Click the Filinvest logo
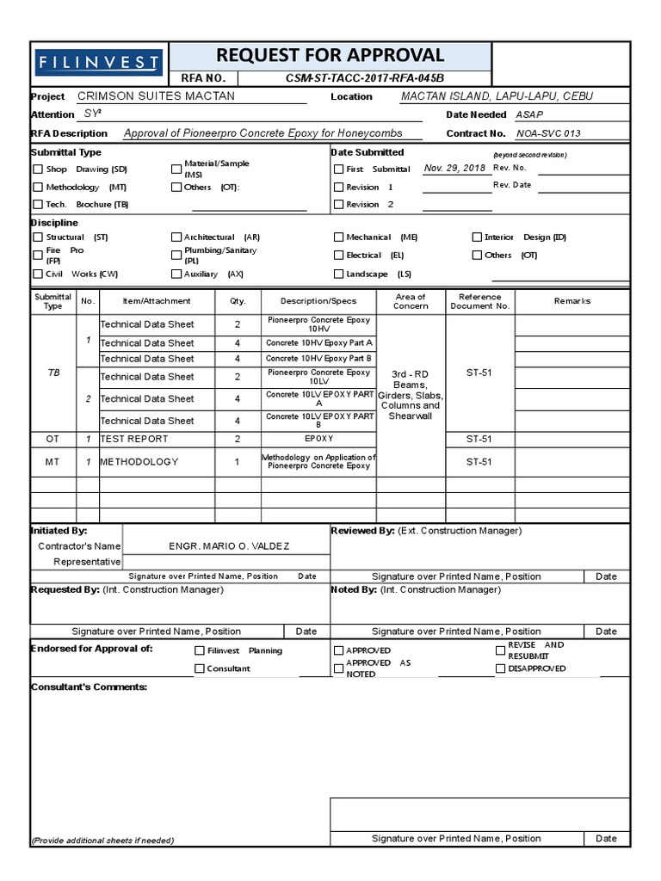(98, 63)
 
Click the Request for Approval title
(330, 56)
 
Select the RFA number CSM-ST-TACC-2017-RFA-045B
(364, 78)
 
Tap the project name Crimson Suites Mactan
(156, 96)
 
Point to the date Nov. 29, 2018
(454, 169)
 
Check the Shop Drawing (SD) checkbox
(38, 169)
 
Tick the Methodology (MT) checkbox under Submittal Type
(38, 187)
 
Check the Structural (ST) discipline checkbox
(38, 237)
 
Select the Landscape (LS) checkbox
(339, 274)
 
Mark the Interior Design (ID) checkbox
(477, 237)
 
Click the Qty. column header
(238, 301)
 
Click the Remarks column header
(572, 301)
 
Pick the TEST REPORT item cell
(136, 439)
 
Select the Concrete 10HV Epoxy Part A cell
(318, 342)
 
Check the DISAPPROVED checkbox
(500, 668)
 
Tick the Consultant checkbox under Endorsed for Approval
(200, 668)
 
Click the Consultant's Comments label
(89, 687)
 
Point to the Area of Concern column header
(411, 301)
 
